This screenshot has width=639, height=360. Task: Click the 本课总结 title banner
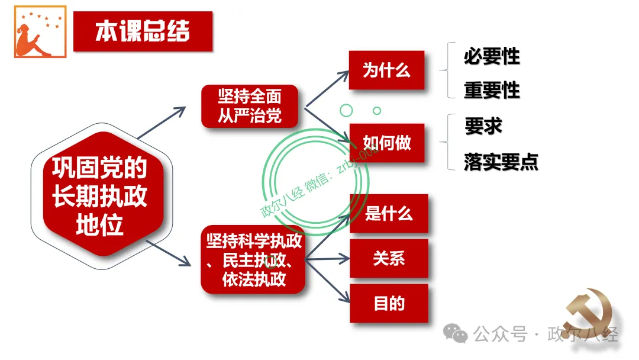(x=143, y=31)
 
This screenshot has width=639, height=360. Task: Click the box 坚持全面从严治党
(x=249, y=106)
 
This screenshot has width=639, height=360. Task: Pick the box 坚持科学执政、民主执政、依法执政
(x=253, y=259)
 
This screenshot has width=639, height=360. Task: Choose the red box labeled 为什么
(x=386, y=70)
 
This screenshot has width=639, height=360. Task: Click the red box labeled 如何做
(x=386, y=143)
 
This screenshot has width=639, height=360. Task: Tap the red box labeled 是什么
(x=389, y=213)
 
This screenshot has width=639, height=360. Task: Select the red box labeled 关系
(x=389, y=258)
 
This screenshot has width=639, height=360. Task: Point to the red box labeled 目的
(x=389, y=303)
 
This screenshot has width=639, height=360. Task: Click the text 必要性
(x=492, y=56)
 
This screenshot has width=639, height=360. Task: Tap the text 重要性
(x=492, y=90)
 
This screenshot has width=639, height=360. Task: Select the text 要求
(x=483, y=126)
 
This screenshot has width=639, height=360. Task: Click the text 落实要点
(x=501, y=162)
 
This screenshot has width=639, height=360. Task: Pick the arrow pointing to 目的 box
(x=328, y=281)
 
